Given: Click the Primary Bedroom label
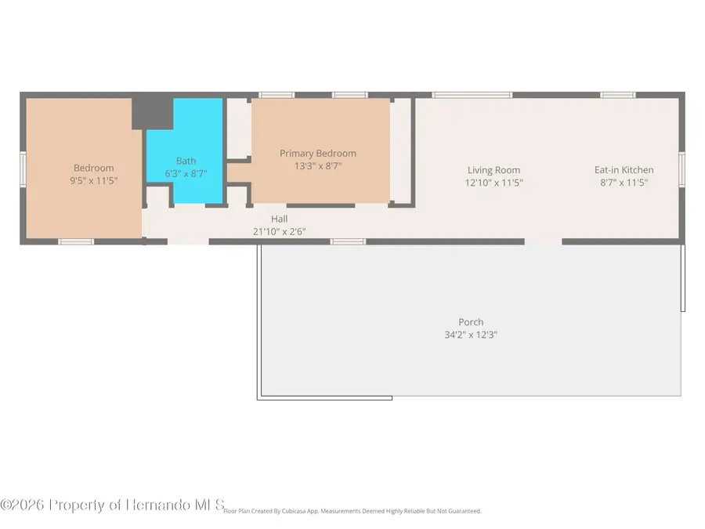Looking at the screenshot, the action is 318,154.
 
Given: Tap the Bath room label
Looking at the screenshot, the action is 186,161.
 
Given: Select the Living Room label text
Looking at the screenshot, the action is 493,170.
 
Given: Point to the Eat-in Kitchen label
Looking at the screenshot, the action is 624,169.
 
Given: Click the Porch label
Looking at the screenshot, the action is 471,322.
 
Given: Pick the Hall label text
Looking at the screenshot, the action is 279,219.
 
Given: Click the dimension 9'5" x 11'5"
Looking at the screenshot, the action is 93,181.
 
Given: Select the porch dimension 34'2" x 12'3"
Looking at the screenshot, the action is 471,335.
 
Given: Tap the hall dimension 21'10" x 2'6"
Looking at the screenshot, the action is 279,232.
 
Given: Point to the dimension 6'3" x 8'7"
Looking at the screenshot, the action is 186,174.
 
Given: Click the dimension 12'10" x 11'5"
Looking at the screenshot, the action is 493,183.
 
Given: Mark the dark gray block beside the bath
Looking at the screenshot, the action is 152,114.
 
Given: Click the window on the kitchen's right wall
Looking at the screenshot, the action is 681,169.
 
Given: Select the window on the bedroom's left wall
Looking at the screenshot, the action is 23,169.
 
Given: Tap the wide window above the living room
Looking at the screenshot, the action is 472,95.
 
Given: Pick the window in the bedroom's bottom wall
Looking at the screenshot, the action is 76,242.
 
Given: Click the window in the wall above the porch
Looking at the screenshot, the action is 348,242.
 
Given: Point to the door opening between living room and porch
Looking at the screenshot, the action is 543,242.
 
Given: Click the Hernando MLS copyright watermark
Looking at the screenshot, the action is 112,505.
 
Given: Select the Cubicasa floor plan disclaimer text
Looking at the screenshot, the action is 352,511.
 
